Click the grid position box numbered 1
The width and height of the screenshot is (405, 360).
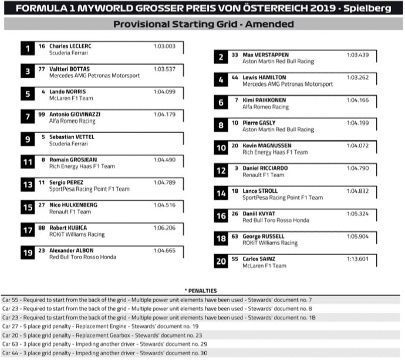28,49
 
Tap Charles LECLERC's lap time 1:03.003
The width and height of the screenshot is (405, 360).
165,46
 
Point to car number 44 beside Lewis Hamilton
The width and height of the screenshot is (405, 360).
234,77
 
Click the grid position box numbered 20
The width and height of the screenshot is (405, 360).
221,262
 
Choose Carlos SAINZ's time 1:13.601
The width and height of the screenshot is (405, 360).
357,259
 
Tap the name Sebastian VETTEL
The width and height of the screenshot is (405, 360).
72,137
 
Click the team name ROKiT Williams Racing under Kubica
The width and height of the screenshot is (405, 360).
77,235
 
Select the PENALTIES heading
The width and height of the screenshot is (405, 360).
201,290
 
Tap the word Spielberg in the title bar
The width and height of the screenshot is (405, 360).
370,9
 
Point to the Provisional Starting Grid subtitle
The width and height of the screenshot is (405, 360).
203,24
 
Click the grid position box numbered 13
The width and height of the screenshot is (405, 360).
28,185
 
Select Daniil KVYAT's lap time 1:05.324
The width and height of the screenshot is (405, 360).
357,213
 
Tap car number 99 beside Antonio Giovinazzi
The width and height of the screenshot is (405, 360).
42,114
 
